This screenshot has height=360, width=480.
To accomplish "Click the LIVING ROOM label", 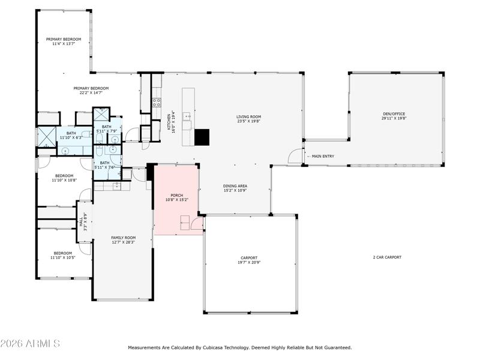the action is pos(248,116).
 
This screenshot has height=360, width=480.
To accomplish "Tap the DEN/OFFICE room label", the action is pos(394,114).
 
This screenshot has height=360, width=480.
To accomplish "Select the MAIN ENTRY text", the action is pos(323,157).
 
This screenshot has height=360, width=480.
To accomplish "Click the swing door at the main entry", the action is pos(295,156).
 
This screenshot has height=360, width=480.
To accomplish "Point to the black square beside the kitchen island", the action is pos(202,137).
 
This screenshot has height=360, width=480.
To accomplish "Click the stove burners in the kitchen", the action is pos(157,102).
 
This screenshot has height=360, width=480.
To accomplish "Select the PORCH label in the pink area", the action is pos(176,196).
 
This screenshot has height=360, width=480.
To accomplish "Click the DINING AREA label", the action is pos(235,186).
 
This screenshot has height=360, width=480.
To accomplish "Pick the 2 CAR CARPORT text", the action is pos(387,257).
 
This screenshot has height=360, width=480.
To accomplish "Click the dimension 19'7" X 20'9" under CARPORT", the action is pos(249,262).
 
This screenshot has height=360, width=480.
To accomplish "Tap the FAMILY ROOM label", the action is pos(124,238).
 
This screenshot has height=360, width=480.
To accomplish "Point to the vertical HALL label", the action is pos(81,221).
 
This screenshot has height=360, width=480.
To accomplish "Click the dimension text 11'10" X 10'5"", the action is pos(63,258).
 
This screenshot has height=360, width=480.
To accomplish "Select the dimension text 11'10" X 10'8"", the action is pos(64,181).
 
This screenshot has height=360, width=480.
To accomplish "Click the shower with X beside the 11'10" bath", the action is pos(46,137).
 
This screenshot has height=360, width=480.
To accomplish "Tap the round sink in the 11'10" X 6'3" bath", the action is pos(65,151).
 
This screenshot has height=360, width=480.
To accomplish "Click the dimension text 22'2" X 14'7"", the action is pos(91,93).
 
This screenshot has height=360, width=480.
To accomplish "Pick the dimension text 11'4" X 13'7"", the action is pos(64,44).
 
